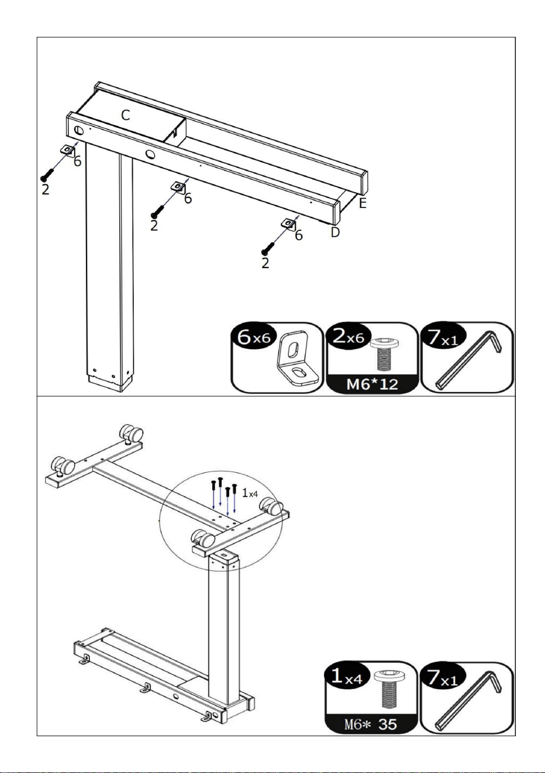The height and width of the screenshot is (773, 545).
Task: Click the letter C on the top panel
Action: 126,115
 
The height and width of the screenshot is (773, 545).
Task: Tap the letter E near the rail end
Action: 363,203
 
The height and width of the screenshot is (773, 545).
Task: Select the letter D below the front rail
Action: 335,232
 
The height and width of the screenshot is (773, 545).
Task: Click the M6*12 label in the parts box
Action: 372,384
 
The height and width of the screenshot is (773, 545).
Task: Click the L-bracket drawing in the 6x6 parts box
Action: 297,358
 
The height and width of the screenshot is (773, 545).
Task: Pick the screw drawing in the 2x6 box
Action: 384,353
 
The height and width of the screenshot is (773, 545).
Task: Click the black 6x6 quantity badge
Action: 255,337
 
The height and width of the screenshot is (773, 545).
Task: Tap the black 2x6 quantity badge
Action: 349,337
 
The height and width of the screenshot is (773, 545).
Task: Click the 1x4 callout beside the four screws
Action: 250,494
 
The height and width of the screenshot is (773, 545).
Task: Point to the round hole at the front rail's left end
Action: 78,130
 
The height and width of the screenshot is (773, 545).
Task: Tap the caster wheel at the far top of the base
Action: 131,433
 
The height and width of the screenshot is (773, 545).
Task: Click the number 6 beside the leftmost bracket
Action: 78,161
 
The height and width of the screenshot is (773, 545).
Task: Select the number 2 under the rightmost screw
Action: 265,264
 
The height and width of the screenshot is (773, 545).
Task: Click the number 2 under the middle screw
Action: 154,226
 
